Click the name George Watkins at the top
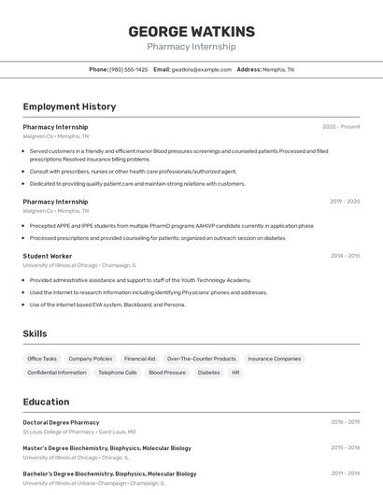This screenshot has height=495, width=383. [191, 31]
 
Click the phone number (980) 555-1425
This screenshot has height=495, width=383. [128, 70]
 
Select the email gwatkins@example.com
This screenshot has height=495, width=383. [201, 70]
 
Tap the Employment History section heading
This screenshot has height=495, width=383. [69, 106]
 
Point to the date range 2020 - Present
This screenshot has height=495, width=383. [341, 127]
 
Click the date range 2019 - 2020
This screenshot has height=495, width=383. [344, 202]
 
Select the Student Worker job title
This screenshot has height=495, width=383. [48, 256]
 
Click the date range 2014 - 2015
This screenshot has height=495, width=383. [344, 256]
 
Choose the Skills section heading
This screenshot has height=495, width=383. [35, 333]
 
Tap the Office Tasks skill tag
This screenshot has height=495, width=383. [42, 359]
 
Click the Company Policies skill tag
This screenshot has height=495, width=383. [91, 359]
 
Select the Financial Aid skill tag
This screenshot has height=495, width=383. [139, 359]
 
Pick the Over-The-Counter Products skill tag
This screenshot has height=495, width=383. [201, 359]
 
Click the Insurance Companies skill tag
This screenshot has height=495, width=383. [274, 359]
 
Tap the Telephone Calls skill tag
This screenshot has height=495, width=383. [118, 373]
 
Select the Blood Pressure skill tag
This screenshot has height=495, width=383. [167, 373]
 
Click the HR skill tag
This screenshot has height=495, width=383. [236, 373]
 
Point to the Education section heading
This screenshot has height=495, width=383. [46, 402]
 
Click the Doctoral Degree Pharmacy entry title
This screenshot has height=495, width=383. [61, 422]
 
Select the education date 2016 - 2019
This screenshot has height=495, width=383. [344, 422]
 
